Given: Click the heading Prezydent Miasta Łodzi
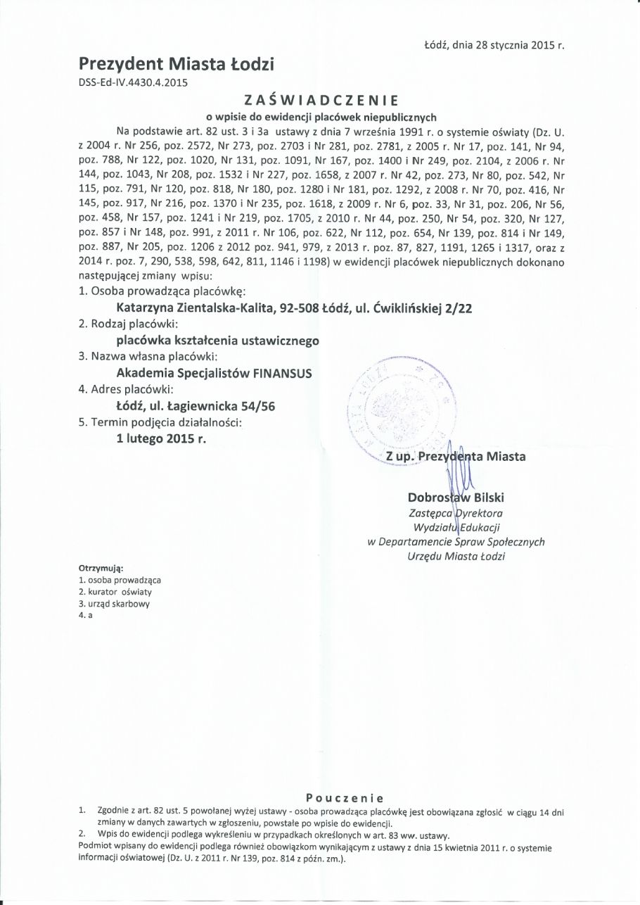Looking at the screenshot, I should click(x=177, y=65).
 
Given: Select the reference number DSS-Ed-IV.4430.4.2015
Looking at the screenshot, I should click(x=134, y=82).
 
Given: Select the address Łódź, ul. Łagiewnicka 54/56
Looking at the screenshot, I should click(x=201, y=405).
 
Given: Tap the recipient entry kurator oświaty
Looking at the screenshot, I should click(x=115, y=592).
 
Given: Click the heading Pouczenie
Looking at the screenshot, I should click(x=345, y=797).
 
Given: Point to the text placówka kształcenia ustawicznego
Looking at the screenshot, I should click(x=217, y=340).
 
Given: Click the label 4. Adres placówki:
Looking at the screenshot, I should click(x=123, y=388).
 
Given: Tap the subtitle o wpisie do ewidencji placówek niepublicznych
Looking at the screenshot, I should click(x=321, y=117).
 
